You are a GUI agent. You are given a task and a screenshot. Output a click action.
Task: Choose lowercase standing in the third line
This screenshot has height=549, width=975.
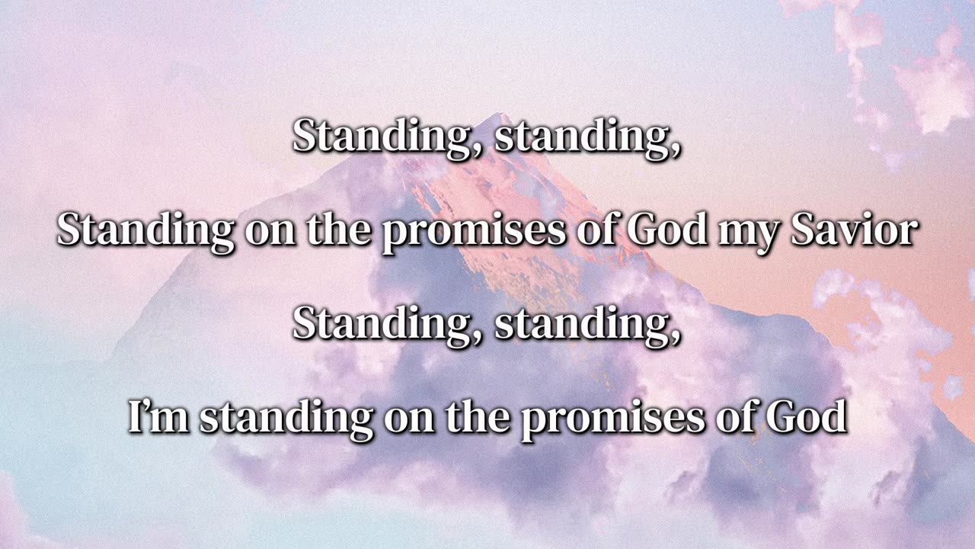[x=587, y=326]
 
